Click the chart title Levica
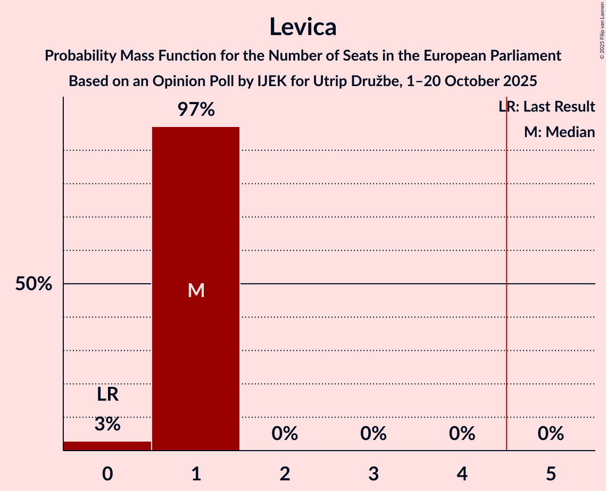click(302, 27)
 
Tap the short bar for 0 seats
click(107, 446)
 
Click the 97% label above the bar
click(196, 110)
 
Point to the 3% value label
click(107, 424)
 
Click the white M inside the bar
click(196, 290)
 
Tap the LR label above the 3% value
click(107, 395)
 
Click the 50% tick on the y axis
click(34, 284)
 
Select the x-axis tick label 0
click(107, 473)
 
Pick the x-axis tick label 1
click(196, 473)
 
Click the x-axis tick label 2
click(285, 473)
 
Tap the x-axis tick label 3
click(373, 473)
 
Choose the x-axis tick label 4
click(462, 473)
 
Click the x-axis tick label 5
click(551, 473)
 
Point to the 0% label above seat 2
click(285, 434)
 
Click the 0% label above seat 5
click(551, 434)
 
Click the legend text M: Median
click(559, 132)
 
